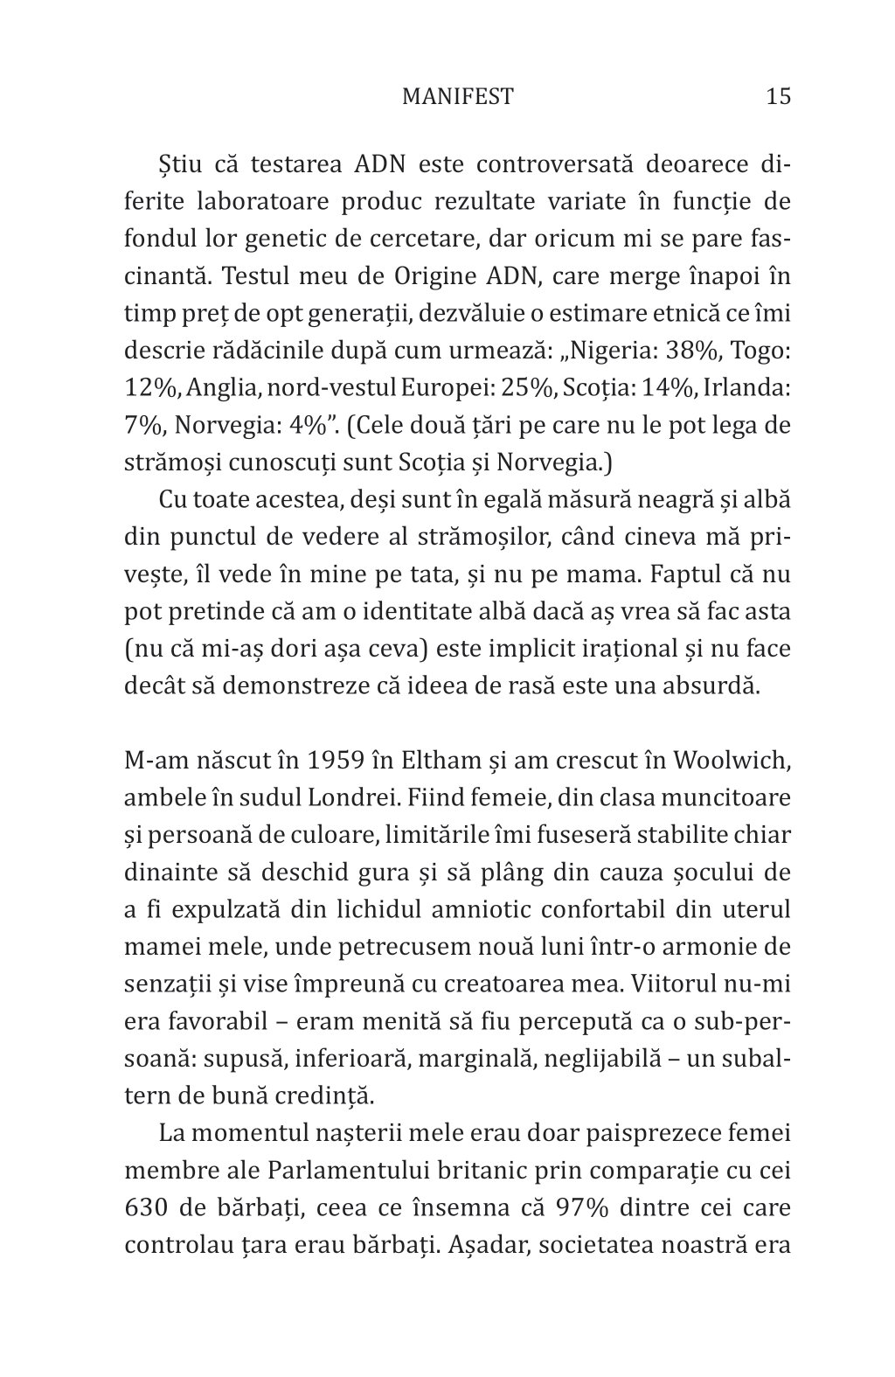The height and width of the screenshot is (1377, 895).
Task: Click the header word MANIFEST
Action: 457,96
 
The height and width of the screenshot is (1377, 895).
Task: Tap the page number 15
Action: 777,96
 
